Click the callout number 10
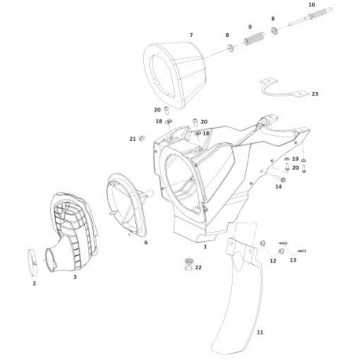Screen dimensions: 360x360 point(312,5)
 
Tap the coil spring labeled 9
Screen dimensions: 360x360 point(253,39)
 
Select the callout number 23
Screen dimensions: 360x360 point(315,94)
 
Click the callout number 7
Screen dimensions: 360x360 point(191,35)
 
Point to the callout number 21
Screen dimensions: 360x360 point(133,139)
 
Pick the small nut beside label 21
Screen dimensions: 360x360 point(143,138)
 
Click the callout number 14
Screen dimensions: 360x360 point(278,186)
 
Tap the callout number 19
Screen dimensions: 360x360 point(296,159)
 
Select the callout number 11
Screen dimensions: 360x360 point(259,332)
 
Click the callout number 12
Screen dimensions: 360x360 point(273,261)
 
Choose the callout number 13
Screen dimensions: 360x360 point(293,260)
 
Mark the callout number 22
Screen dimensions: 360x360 point(198,267)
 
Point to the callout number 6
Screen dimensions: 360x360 point(146,242)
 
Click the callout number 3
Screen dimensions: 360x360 point(75,277)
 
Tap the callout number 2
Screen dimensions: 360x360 point(34,284)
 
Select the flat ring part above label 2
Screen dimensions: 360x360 point(32,262)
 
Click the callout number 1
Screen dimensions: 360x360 point(205,247)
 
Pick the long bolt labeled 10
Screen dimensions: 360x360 point(310,17)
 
